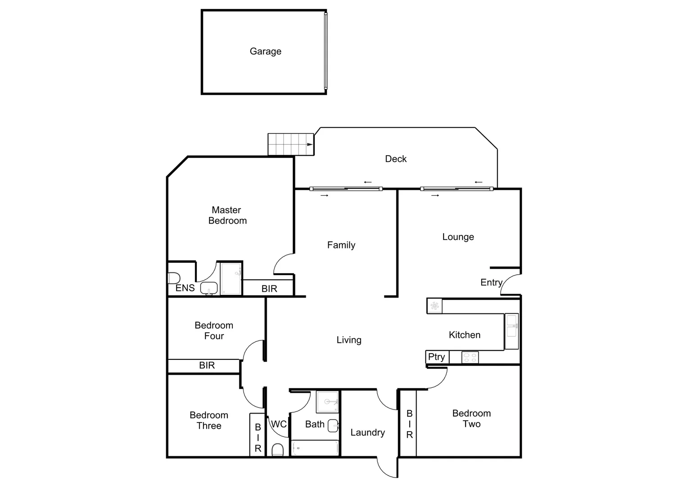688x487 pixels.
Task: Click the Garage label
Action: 265,51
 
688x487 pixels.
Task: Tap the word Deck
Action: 396,159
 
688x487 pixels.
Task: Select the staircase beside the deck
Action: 290,144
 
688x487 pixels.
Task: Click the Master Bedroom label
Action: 227,215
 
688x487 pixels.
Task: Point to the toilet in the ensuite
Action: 174,278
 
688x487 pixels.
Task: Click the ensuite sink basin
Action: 209,288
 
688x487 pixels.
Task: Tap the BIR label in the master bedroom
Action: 269,289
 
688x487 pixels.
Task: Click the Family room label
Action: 341,245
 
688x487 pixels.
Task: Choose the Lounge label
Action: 458,237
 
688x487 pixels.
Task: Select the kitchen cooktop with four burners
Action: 470,358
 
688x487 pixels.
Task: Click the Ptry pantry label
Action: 436,357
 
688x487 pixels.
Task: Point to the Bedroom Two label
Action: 471,418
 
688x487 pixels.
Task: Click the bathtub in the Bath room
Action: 315,448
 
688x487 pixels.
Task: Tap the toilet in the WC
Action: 278,450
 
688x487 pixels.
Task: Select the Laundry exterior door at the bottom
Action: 387,468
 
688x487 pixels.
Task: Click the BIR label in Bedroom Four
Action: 207,365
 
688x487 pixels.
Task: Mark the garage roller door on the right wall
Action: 326,51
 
